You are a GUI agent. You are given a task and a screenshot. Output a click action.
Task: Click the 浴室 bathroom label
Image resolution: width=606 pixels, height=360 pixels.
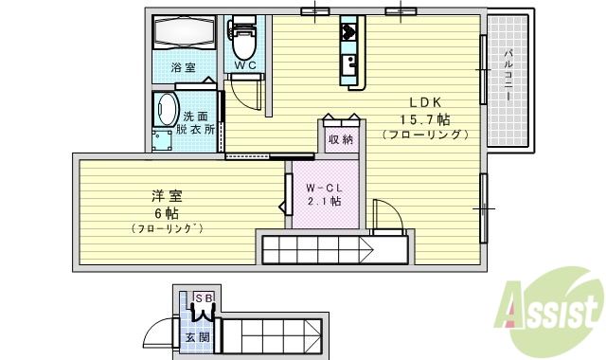[183, 68]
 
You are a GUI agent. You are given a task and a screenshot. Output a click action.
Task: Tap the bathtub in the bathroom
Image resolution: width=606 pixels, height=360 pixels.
[184, 35]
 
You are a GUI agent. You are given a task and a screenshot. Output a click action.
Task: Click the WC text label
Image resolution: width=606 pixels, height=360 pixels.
[245, 65]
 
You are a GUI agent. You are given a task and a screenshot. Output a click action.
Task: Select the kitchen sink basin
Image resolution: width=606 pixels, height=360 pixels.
[348, 65]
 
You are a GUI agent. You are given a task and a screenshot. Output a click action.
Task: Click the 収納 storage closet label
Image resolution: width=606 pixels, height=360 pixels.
[341, 140]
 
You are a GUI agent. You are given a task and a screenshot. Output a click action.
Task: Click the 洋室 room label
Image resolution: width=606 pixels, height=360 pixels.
[167, 196]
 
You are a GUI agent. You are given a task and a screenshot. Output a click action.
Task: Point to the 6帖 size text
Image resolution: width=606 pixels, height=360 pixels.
[167, 212]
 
